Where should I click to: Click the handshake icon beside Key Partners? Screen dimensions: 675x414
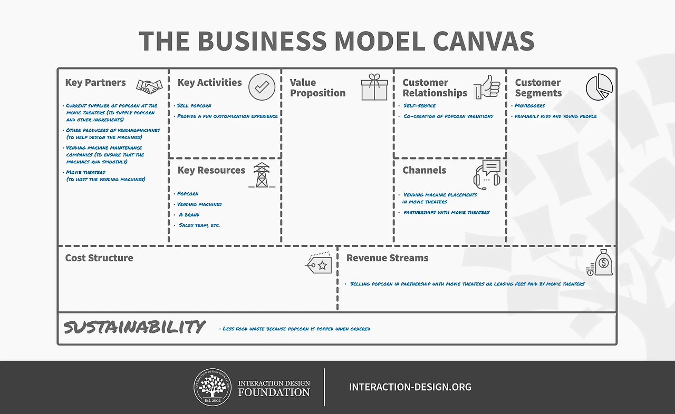pos(149,87)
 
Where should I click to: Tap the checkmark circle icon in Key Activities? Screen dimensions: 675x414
pos(262,87)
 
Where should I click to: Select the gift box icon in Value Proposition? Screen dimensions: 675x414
pos(374,87)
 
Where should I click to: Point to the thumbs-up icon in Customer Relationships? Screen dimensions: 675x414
pos(487,87)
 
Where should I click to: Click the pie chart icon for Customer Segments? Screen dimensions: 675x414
pos(599,87)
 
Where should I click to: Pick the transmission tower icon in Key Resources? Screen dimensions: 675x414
pos(262,175)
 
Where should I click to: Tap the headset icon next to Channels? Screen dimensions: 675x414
pos(487,174)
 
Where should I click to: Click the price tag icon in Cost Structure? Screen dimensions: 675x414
pos(318,263)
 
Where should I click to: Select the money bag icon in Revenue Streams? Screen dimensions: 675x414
pos(599,262)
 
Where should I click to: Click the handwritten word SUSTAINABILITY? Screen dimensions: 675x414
pos(134,327)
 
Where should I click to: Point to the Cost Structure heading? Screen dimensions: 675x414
pos(99,258)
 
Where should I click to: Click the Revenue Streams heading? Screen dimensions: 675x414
pos(387,258)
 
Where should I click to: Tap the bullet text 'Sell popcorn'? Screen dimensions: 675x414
pos(194,105)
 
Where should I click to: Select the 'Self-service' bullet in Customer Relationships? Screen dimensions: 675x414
pos(419,105)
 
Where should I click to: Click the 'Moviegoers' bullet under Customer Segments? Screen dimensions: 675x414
pos(530,105)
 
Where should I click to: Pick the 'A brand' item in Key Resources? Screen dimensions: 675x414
pos(189,215)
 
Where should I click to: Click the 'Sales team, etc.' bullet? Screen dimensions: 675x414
pos(199,225)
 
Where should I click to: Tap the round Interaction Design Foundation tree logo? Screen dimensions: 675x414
pos(213,387)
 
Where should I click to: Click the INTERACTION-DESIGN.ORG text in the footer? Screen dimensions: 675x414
pos(410,387)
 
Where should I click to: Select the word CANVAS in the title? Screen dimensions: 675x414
pos(484,41)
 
